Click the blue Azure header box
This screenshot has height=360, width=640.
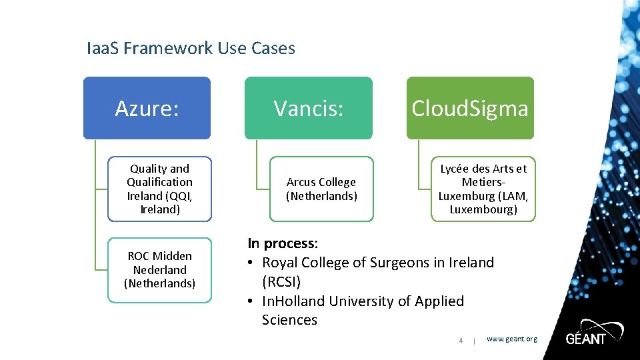[x=147, y=108]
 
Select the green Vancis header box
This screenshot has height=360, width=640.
[x=309, y=108]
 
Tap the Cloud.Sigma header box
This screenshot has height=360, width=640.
[x=470, y=108]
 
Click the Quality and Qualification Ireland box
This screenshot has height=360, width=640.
[x=160, y=189]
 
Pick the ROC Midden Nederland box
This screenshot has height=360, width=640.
[x=160, y=269]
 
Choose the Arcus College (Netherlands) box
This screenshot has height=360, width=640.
[x=321, y=189]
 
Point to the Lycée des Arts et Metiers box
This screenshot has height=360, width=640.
[x=483, y=189]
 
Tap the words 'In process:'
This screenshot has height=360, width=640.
[x=283, y=243]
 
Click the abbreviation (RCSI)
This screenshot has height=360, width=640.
[x=281, y=281]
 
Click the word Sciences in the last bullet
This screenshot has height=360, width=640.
[x=289, y=320]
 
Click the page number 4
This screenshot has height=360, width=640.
[x=460, y=341]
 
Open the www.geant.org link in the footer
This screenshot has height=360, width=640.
[x=511, y=339]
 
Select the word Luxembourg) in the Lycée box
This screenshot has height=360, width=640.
[x=483, y=209]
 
